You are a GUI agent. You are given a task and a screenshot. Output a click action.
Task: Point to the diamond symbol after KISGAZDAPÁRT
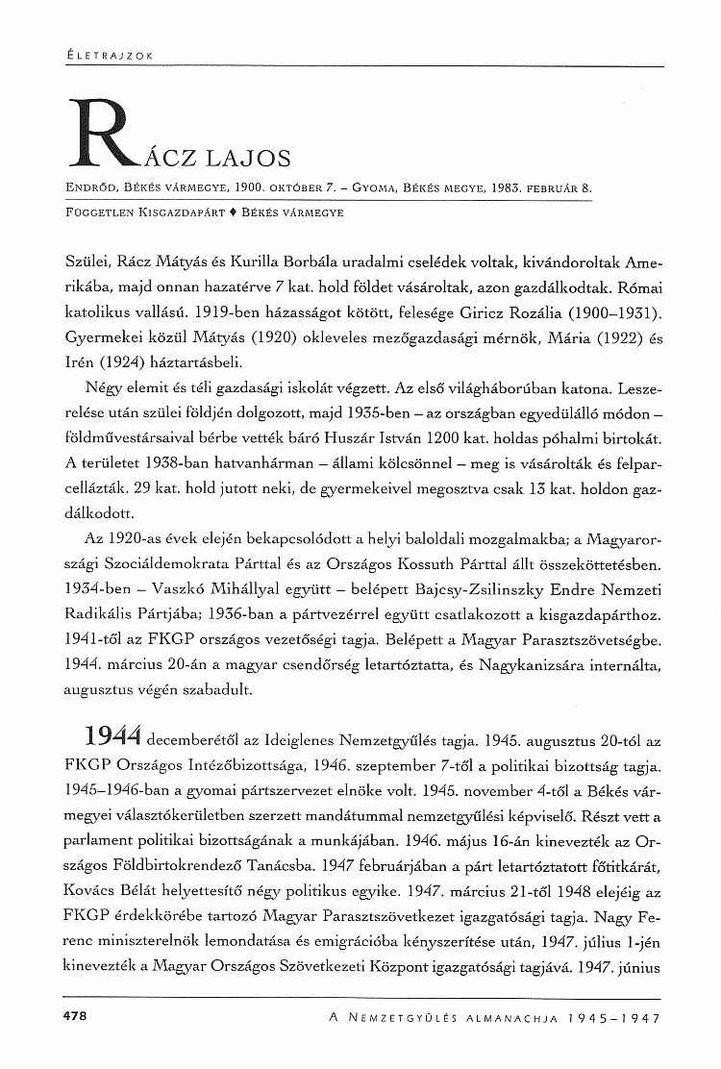(x=234, y=209)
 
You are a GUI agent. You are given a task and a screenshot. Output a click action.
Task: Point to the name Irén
(x=82, y=363)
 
